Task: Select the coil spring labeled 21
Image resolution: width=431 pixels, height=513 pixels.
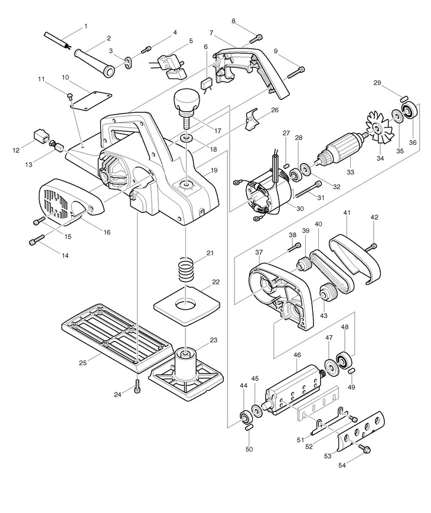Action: click(186, 270)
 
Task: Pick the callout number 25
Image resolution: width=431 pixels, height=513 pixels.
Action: click(83, 362)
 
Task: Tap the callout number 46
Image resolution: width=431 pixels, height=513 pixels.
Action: click(297, 355)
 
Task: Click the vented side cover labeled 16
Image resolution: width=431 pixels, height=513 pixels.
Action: click(70, 201)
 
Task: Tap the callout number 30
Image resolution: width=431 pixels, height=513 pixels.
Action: click(300, 209)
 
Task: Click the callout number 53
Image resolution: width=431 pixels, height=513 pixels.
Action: click(328, 456)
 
